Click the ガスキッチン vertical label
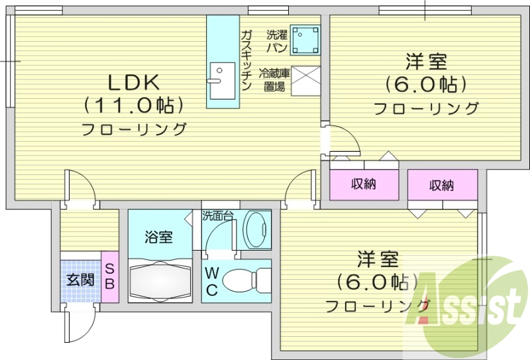point(246,60)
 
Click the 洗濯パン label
point(276,40)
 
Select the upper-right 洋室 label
point(426,64)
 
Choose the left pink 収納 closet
point(364,184)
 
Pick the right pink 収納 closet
point(442,185)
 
